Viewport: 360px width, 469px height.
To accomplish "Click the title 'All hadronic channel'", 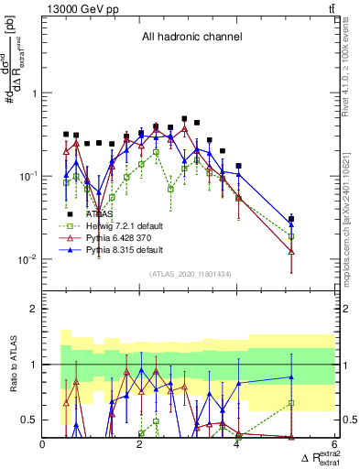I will point(191,37).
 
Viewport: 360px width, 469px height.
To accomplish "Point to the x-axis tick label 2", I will point(139,444).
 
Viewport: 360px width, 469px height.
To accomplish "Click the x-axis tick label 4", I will point(237,444).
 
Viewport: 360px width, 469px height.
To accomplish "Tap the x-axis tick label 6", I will point(333,444).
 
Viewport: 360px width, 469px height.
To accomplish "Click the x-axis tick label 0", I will point(43,444).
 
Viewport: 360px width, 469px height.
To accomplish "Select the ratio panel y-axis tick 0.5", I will point(28,420).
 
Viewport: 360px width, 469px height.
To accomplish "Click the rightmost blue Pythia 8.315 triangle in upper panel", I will point(291,224).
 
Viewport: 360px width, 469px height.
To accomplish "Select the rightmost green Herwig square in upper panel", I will point(291,235).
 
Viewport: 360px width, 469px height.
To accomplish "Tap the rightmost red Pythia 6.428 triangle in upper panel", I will point(291,250).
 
